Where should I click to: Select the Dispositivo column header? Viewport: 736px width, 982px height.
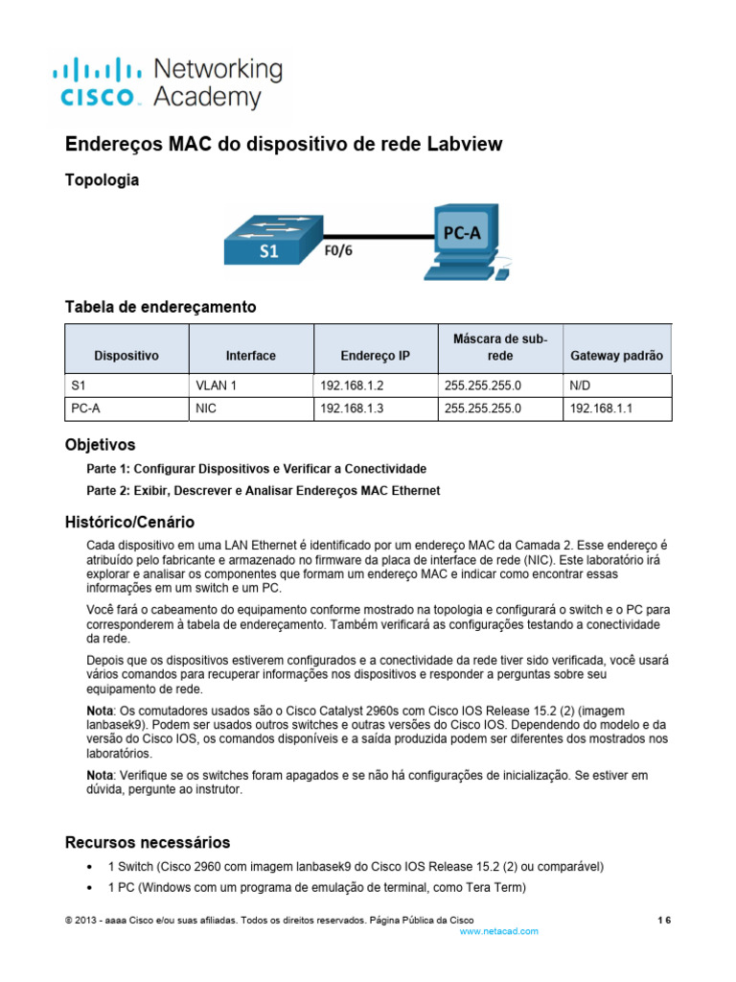(x=126, y=356)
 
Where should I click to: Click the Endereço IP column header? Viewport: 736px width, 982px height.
(x=375, y=356)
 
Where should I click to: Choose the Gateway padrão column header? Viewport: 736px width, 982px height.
(x=616, y=356)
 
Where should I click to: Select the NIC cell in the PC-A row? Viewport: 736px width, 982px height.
(x=205, y=408)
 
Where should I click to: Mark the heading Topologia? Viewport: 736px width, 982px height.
(x=102, y=179)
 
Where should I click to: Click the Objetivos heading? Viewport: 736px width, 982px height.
(x=100, y=445)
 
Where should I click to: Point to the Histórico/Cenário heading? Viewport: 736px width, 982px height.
(x=129, y=523)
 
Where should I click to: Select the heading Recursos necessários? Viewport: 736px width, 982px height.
(x=147, y=842)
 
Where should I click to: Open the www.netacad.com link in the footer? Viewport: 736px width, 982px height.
(x=499, y=931)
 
